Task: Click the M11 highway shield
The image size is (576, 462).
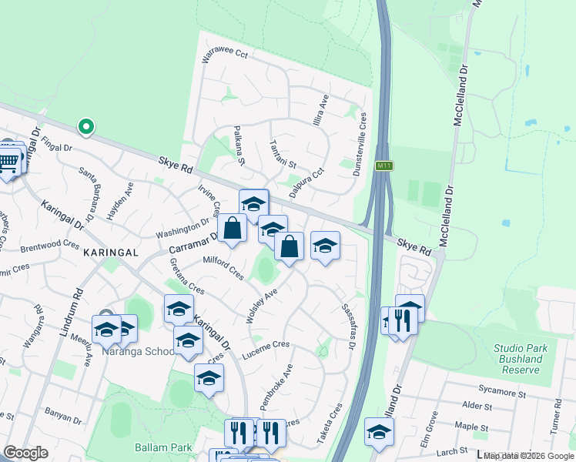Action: (383, 166)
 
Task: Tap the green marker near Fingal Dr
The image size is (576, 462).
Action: (86, 126)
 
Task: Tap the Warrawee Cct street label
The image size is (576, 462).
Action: (225, 55)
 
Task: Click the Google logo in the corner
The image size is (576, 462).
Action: (25, 453)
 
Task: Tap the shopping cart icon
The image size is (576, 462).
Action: (8, 162)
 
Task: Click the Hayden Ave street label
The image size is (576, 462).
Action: (121, 203)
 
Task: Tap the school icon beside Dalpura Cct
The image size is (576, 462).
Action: (253, 204)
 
